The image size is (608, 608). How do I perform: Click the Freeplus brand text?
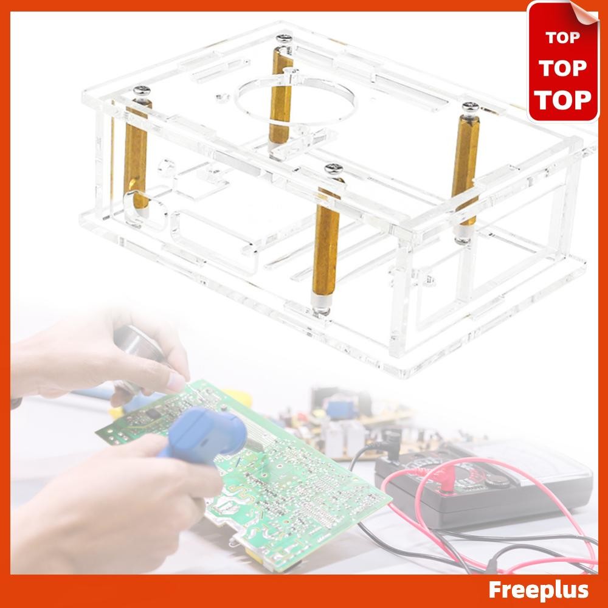click(x=539, y=590)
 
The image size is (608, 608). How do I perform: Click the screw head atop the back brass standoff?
click(x=283, y=40)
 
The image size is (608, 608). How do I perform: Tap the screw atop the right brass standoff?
click(x=469, y=108)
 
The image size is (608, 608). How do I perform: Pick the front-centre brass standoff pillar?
click(x=326, y=243)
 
